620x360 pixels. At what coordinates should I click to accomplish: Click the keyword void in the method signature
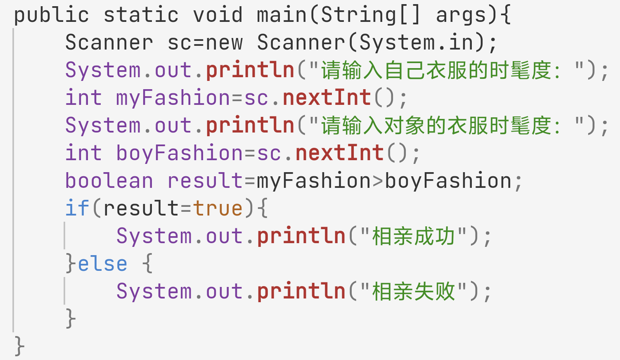[x=218, y=15]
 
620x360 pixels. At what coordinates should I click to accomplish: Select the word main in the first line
[x=282, y=15]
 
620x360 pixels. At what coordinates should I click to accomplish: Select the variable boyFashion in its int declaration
[x=180, y=154]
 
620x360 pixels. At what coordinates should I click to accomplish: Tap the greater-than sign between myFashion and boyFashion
[x=378, y=181]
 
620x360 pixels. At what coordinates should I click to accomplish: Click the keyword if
[x=77, y=208]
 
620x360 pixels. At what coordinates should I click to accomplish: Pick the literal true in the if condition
[x=218, y=208]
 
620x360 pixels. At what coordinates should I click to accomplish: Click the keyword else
[x=102, y=264]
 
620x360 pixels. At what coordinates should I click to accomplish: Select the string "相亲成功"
[x=413, y=237]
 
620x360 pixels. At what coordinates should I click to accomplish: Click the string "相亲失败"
[x=413, y=292]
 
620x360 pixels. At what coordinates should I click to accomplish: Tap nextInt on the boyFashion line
[x=339, y=154]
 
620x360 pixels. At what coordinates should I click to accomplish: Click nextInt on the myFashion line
[x=327, y=98]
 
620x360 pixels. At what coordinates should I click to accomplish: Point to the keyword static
[x=141, y=15]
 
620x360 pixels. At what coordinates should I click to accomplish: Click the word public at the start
[x=51, y=15]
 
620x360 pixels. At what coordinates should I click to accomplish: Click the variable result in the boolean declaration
[x=205, y=181]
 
